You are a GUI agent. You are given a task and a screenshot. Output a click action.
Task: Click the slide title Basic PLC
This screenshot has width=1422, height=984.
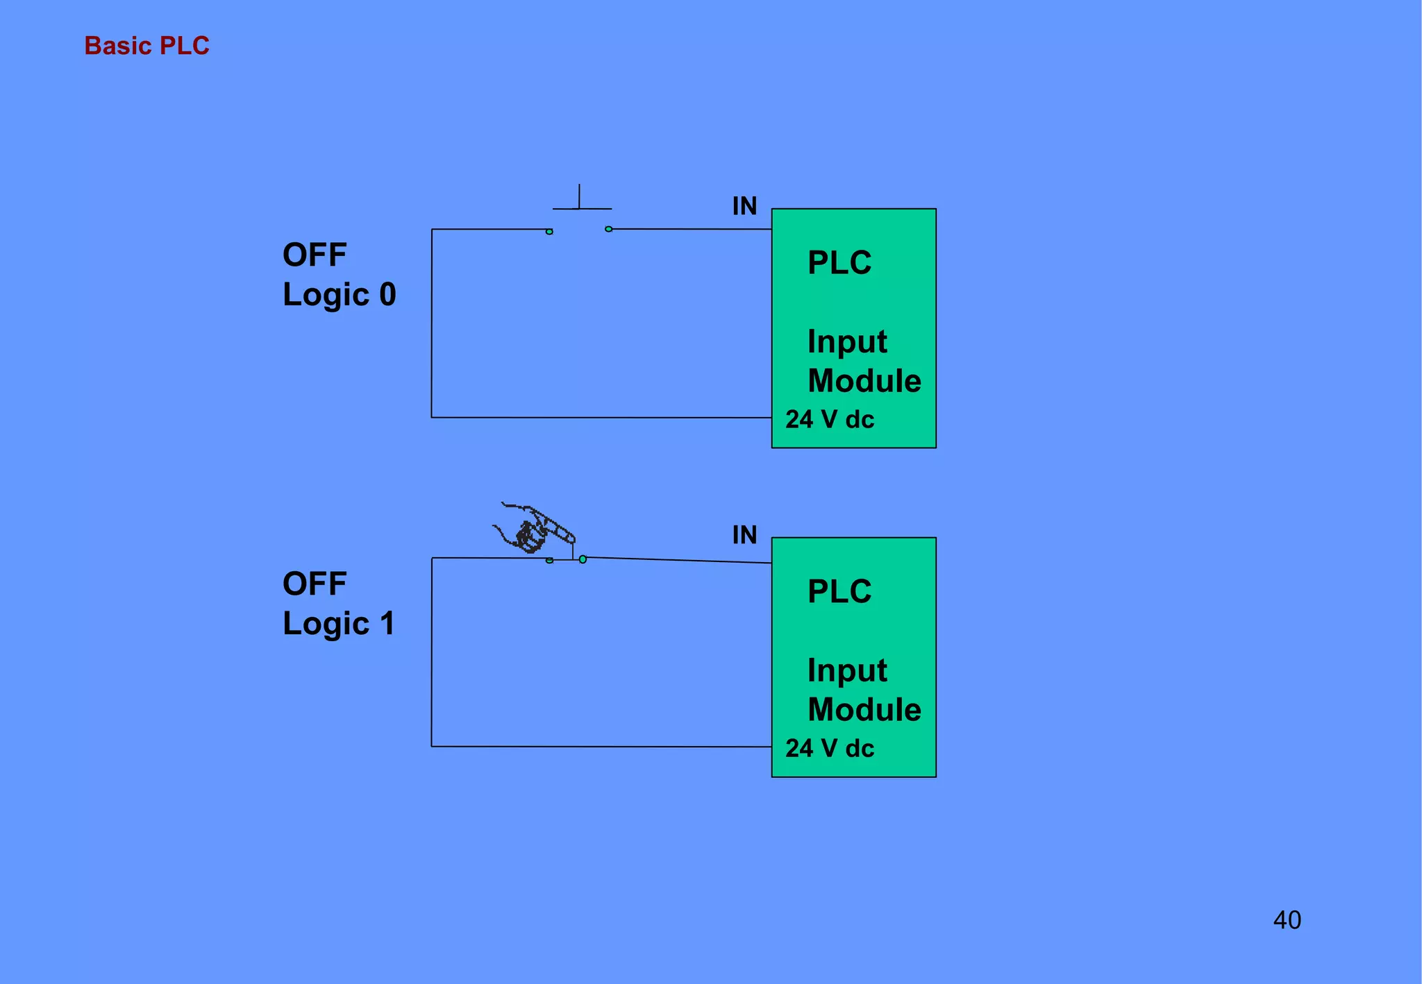pos(147,46)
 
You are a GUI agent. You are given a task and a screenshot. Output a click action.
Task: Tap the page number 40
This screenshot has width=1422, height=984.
pos(1287,920)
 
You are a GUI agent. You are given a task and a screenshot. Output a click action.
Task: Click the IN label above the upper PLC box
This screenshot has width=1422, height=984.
pos(744,206)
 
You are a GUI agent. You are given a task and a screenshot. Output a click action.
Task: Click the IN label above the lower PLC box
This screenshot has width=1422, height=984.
pos(744,535)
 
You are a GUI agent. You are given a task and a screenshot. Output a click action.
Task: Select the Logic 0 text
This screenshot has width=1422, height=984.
pos(339,295)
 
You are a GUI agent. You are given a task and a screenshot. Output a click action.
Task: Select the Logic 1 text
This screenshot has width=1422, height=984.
pos(338,624)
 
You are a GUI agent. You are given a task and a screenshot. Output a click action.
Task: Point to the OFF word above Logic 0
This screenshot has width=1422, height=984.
pos(315,255)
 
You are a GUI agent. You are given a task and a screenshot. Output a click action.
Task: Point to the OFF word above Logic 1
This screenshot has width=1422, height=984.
pos(315,584)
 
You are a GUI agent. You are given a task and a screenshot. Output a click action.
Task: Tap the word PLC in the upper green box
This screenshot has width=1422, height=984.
pos(839,263)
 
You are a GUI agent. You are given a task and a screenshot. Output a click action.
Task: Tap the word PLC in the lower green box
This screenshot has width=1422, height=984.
pos(839,592)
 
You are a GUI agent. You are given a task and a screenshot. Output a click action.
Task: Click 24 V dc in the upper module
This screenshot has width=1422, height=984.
pos(830,420)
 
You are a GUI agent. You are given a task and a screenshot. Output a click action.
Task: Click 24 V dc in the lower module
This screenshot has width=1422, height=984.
pos(830,749)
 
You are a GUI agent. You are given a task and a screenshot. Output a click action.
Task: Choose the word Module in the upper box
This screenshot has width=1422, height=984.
pos(864,381)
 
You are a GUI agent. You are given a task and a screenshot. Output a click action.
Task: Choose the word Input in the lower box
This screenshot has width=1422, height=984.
pos(847,671)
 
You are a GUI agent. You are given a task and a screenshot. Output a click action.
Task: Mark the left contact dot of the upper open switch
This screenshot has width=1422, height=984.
pos(549,232)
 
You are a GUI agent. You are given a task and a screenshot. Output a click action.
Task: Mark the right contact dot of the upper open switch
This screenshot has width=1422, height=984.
pos(608,229)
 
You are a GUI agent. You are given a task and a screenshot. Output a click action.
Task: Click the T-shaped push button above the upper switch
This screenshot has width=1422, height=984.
pos(580,201)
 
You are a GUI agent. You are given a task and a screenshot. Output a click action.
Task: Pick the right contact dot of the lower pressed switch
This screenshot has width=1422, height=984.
pos(583,559)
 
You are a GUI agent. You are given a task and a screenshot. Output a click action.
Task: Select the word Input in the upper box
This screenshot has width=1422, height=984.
pos(847,342)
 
